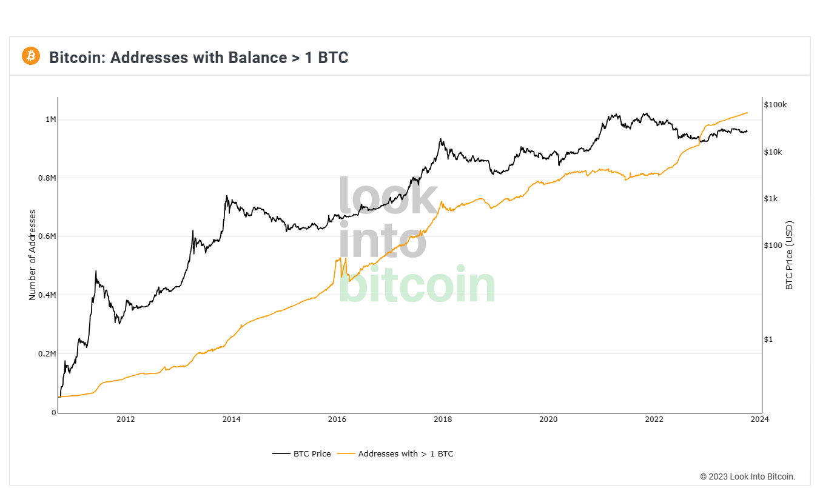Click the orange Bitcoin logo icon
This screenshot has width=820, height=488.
(x=30, y=56)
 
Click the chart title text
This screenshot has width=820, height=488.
(x=198, y=58)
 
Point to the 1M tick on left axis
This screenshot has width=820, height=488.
(x=50, y=119)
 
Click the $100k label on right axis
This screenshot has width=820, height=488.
(x=775, y=105)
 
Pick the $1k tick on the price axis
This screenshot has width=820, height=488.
(x=771, y=199)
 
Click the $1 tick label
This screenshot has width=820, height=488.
(x=768, y=339)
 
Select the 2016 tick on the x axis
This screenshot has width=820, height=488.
(x=337, y=419)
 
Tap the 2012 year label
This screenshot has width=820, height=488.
(x=126, y=419)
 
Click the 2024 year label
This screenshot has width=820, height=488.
(x=759, y=419)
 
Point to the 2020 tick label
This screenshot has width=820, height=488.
(x=548, y=419)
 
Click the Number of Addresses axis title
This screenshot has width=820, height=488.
(x=33, y=255)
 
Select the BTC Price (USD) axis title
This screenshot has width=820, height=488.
(x=789, y=255)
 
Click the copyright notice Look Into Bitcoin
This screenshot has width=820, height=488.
(x=747, y=476)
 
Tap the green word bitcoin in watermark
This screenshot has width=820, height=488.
(x=417, y=285)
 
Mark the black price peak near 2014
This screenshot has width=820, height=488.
(x=226, y=196)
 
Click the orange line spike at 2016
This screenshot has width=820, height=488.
(x=340, y=258)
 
